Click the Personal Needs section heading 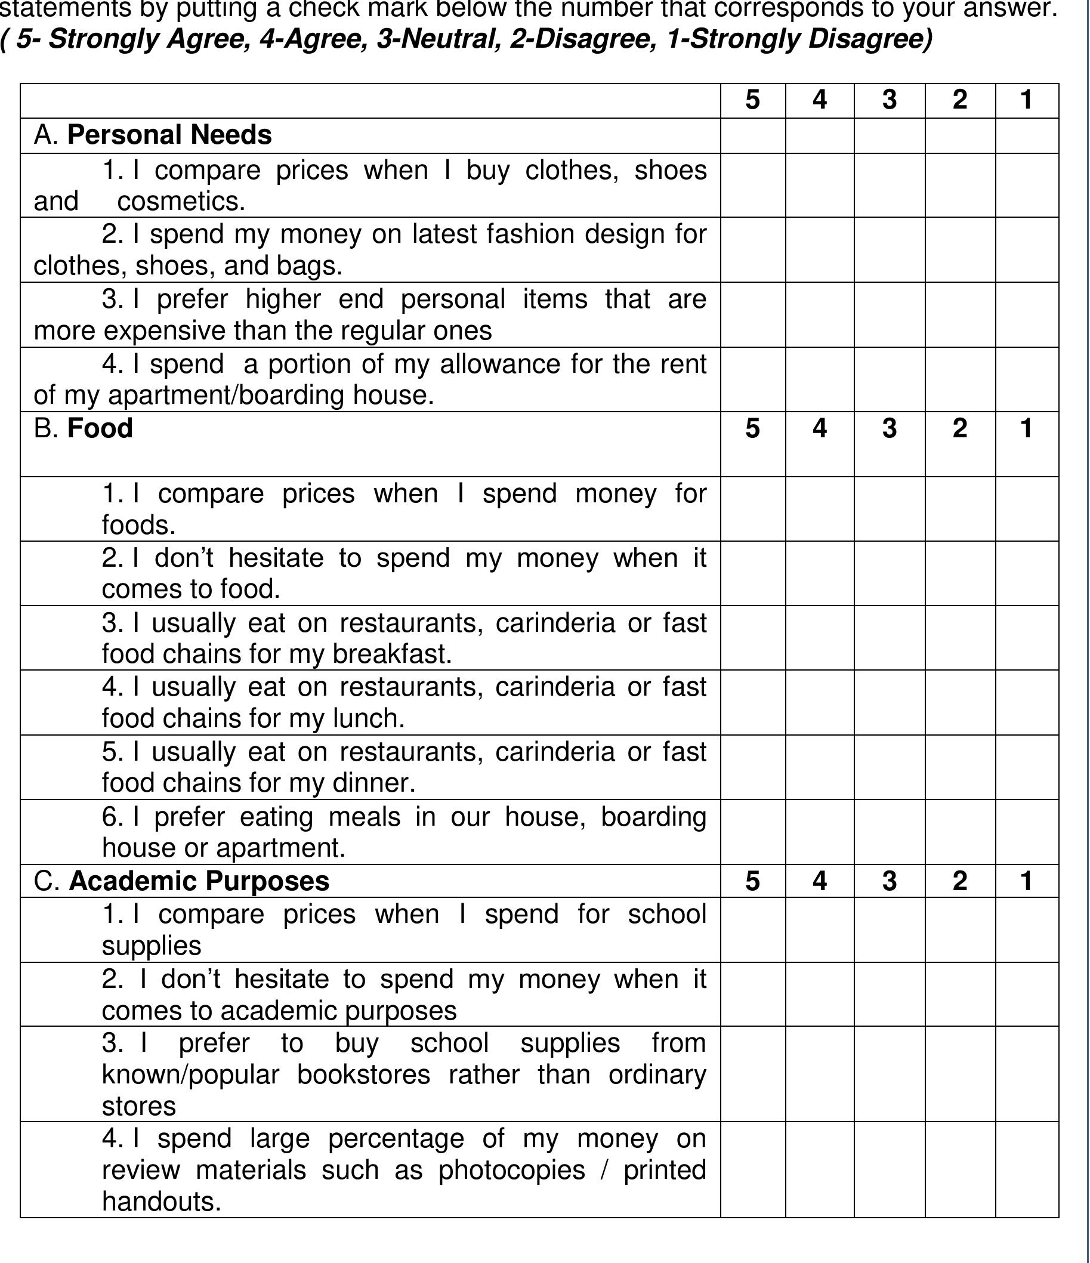169,135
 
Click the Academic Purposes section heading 199,881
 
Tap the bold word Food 100,428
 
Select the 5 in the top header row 753,100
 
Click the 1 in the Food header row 1027,428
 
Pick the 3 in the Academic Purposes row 890,881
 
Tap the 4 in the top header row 820,100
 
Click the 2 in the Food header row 960,428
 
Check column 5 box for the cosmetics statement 753,186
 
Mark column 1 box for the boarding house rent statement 1027,380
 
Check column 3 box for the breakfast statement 890,638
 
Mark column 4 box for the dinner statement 820,767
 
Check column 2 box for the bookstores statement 960,1074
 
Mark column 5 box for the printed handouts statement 753,1170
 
